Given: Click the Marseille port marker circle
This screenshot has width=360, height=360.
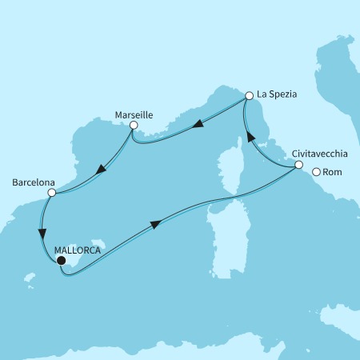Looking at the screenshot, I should tap(134, 125).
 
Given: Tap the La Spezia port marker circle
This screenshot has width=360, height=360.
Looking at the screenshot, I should tap(249, 95).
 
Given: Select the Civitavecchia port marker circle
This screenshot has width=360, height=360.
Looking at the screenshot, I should tap(298, 166).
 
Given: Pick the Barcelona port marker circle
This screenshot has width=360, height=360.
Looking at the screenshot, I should tap(51, 193).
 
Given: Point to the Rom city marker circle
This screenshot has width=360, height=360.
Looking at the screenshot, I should tap(317, 172).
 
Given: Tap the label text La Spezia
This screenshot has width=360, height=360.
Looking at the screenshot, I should tap(277, 94).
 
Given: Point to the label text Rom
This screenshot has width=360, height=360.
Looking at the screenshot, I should tap(332, 172).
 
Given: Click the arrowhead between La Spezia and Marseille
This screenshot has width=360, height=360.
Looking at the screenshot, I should tap(195, 124).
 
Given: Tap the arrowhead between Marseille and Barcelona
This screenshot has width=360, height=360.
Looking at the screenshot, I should tap(99, 169).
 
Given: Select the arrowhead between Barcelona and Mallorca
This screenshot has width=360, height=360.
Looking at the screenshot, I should tap(42, 234).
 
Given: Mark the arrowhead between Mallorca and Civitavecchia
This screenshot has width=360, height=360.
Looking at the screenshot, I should tap(154, 226).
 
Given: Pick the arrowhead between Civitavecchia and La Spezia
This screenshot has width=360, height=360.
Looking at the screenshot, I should tap(250, 138).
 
